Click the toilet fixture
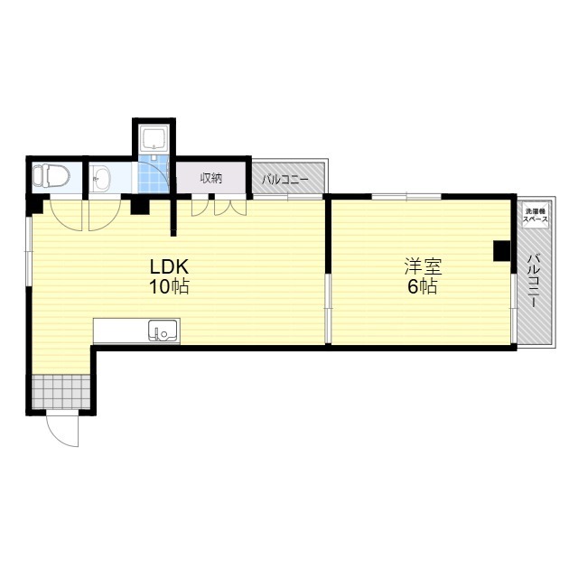51,175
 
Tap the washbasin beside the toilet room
100,179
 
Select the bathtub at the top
154,138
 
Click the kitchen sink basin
163,331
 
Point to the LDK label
169,266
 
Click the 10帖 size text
169,286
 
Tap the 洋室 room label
423,266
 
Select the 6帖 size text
423,286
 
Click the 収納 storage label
211,179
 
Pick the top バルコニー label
285,180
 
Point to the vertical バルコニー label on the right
535,281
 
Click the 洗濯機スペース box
536,215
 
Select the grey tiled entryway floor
61,391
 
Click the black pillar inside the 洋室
502,251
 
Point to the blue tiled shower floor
154,173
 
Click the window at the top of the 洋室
406,196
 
